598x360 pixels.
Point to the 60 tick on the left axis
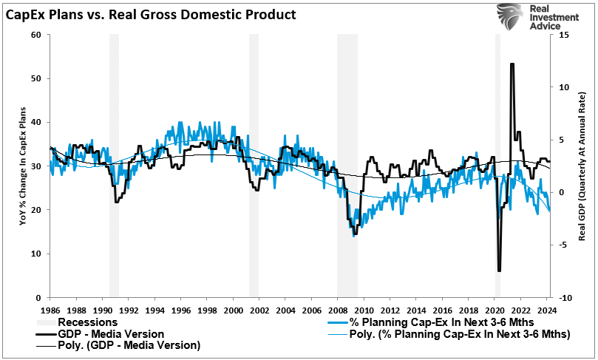pos(35,35)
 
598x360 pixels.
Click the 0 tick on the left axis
pos(37,297)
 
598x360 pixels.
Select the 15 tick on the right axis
pos(563,35)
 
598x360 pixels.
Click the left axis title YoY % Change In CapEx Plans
pos(21,166)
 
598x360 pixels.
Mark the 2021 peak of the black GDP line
pos(512,64)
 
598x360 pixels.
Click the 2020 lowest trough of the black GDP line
pos(499,271)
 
